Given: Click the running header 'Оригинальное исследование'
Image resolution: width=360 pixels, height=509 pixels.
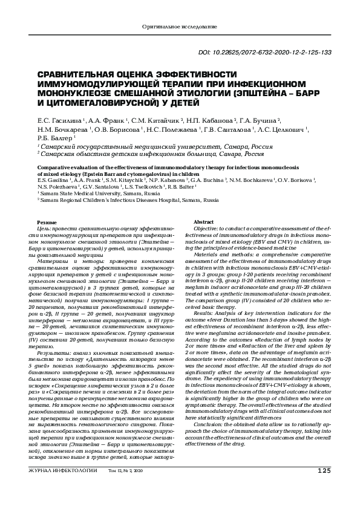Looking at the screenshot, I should tap(179, 27).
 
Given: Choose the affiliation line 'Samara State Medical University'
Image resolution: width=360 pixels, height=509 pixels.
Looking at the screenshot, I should tap(79, 193).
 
